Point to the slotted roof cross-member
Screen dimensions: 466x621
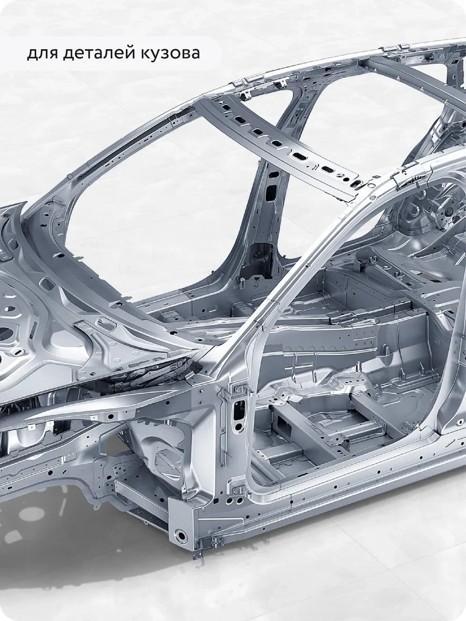[279, 147]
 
